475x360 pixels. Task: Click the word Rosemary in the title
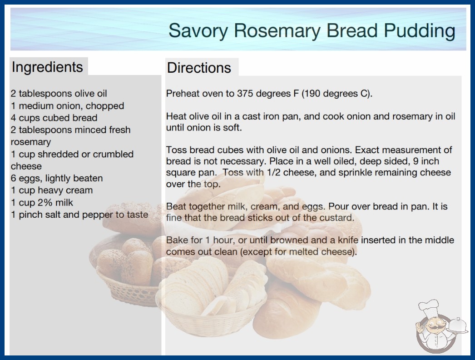pyautogui.click(x=277, y=31)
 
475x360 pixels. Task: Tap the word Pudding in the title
pyautogui.click(x=420, y=31)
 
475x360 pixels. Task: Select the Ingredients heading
pyautogui.click(x=47, y=67)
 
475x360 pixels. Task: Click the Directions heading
pyautogui.click(x=199, y=68)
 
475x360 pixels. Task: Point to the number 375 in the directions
pyautogui.click(x=245, y=94)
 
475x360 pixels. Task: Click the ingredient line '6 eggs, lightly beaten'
pyautogui.click(x=57, y=178)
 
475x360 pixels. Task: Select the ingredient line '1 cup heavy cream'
pyautogui.click(x=52, y=190)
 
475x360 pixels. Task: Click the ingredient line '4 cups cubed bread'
pyautogui.click(x=54, y=118)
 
